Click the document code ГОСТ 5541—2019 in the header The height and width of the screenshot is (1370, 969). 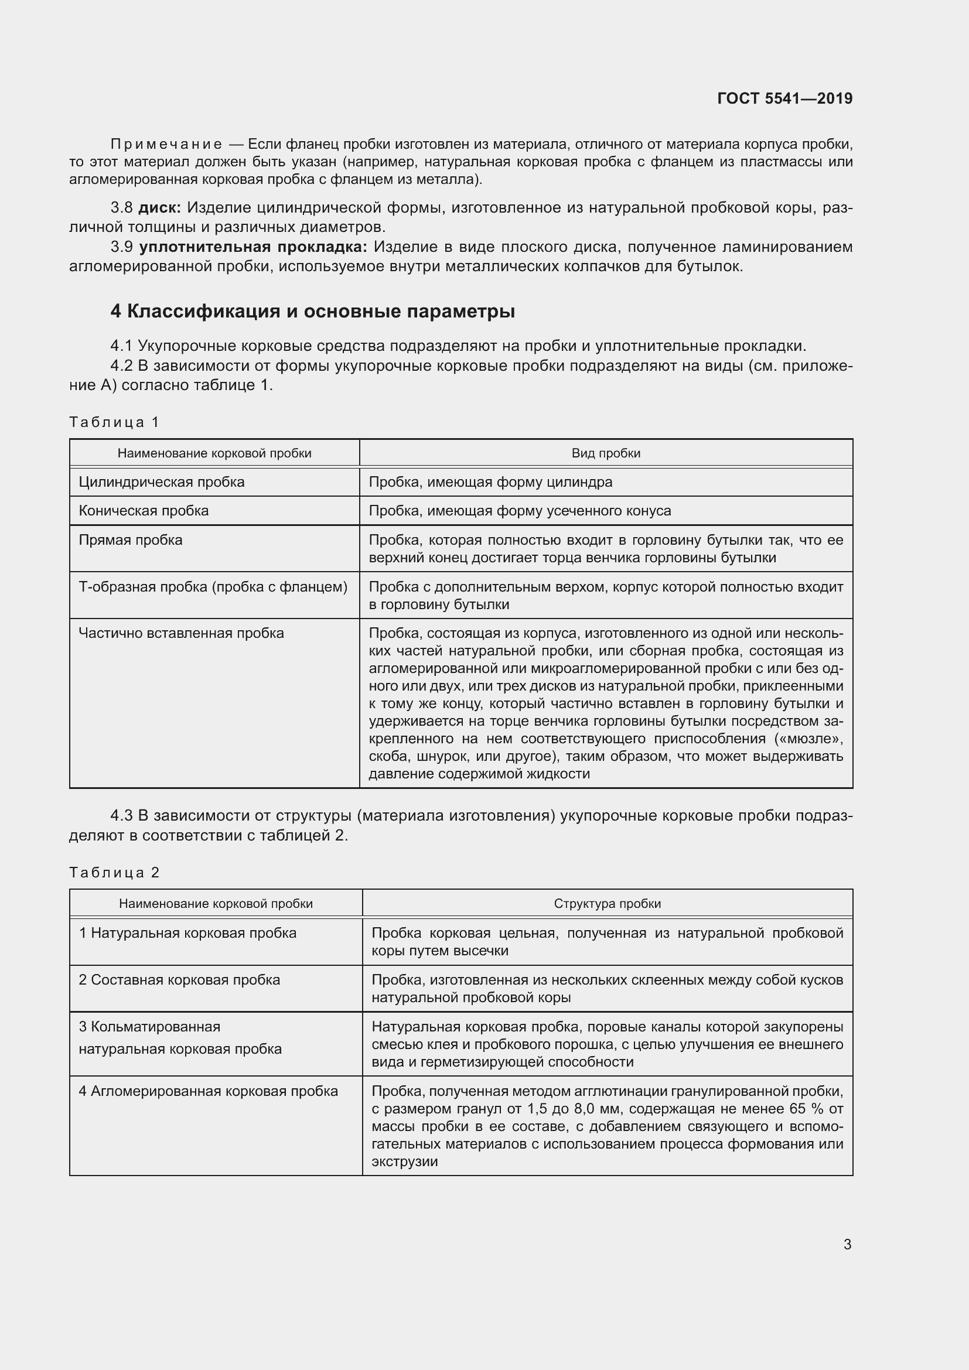pyautogui.click(x=784, y=98)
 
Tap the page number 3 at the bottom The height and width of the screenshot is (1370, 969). pyautogui.click(x=847, y=1244)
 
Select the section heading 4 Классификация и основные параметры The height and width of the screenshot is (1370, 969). pyautogui.click(x=313, y=311)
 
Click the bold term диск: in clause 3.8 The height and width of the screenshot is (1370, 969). pyautogui.click(x=159, y=208)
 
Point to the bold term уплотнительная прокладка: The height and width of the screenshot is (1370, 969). pyautogui.click(x=253, y=247)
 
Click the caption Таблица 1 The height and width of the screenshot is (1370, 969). pyautogui.click(x=114, y=422)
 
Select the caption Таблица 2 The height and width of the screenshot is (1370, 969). pyautogui.click(x=114, y=873)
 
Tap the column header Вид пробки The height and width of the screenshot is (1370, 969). pyautogui.click(x=606, y=453)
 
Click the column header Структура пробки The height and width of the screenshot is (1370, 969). pyautogui.click(x=607, y=903)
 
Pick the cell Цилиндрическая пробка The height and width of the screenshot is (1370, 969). pyautogui.click(x=162, y=481)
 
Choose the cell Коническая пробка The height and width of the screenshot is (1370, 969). pyautogui.click(x=144, y=511)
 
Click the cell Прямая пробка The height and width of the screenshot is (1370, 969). pyautogui.click(x=131, y=540)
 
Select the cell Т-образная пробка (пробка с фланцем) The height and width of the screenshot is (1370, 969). pyautogui.click(x=213, y=586)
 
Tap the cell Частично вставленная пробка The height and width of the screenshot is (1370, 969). pyautogui.click(x=182, y=633)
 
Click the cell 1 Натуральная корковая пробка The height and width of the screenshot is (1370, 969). pyautogui.click(x=187, y=932)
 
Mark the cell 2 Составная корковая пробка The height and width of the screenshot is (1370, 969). pyautogui.click(x=179, y=980)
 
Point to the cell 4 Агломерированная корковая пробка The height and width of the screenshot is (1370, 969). pyautogui.click(x=208, y=1091)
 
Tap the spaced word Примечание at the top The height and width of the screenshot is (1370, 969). pyautogui.click(x=166, y=144)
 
